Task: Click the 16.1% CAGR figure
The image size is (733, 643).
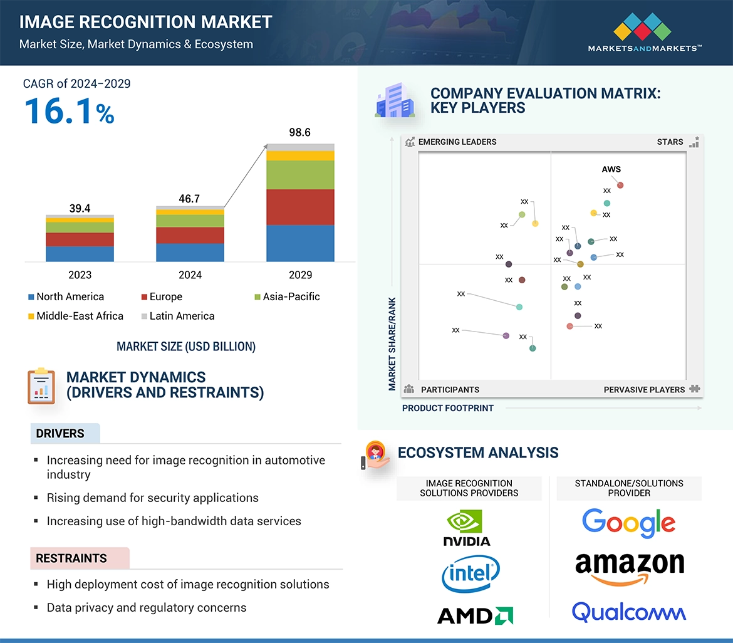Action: [70, 111]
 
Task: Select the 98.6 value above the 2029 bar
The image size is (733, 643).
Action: [299, 133]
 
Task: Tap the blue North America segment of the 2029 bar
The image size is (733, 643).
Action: [300, 243]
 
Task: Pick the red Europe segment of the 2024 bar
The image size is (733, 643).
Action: [190, 235]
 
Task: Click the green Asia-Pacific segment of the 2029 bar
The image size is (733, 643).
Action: [300, 175]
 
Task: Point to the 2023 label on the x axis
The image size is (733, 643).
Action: [80, 274]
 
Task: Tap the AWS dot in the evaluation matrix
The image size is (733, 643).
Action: [620, 185]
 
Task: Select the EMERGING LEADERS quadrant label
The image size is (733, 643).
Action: [457, 142]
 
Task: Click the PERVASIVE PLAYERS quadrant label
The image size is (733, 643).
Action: [644, 389]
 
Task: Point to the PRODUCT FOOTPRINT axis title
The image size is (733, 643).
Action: [448, 408]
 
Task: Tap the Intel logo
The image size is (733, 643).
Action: [470, 573]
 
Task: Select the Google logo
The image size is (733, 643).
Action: [628, 523]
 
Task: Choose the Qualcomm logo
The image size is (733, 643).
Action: [628, 612]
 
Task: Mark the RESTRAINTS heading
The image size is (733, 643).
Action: [71, 558]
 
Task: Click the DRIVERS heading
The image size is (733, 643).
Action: [60, 434]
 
